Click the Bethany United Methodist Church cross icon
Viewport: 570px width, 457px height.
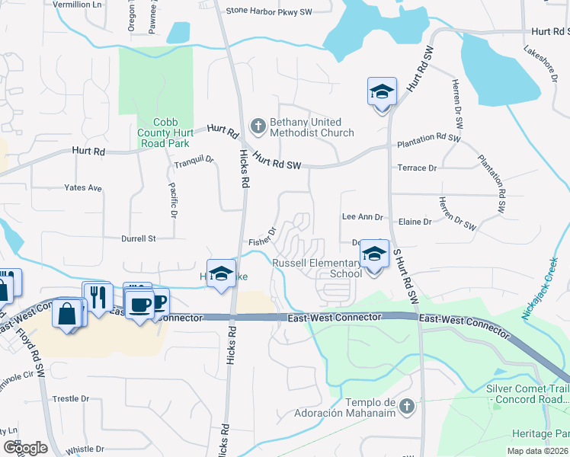pyautogui.click(x=258, y=126)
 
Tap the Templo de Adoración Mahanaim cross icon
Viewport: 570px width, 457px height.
pyautogui.click(x=407, y=407)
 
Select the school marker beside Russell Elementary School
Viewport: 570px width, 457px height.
pyautogui.click(x=374, y=254)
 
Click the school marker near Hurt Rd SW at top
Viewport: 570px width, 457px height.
pyautogui.click(x=382, y=92)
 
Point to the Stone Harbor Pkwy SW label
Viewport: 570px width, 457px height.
pyautogui.click(x=269, y=11)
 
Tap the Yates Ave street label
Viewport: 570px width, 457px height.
pyautogui.click(x=83, y=187)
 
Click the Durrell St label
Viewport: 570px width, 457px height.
pyautogui.click(x=138, y=238)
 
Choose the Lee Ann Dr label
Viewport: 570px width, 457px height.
pyautogui.click(x=362, y=217)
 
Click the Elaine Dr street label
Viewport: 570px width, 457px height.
pyautogui.click(x=415, y=222)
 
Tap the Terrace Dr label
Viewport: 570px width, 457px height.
pyautogui.click(x=417, y=168)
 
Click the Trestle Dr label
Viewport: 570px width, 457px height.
pyautogui.click(x=71, y=398)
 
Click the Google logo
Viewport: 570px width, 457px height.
pyautogui.click(x=25, y=448)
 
